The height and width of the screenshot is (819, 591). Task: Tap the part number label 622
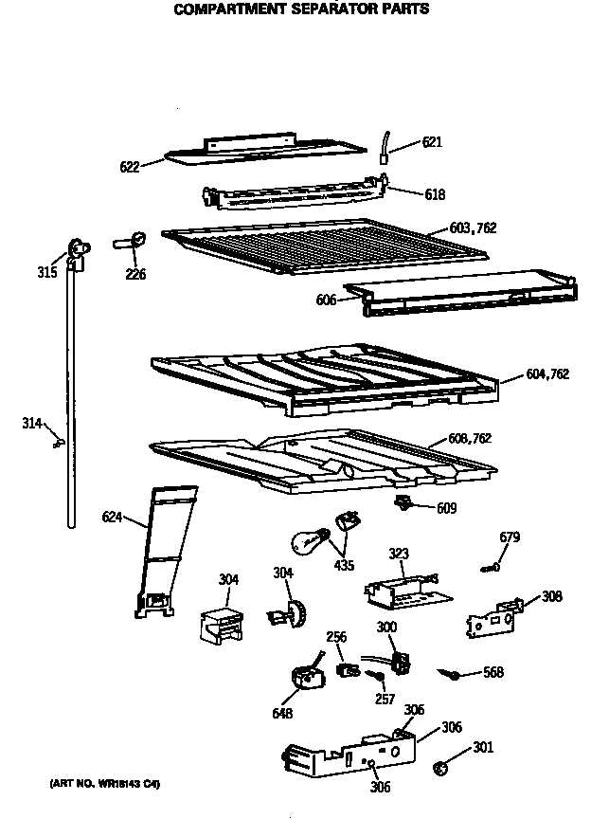coord(130,167)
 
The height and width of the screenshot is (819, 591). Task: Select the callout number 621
coord(432,143)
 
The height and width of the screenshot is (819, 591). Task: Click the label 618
coord(435,194)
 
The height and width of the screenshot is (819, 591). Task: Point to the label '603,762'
coord(473,228)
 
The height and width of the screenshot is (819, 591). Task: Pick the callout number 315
coord(47,273)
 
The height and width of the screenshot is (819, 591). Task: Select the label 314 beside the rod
coord(32,423)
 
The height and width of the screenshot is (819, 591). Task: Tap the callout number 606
coord(327,300)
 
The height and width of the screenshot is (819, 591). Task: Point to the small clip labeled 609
coord(403,501)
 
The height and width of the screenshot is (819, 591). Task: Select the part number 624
coord(113,517)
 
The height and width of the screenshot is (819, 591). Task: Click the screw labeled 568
coord(454,674)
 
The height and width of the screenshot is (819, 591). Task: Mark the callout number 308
coord(551,597)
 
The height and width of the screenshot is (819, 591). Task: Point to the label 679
coord(510,538)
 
